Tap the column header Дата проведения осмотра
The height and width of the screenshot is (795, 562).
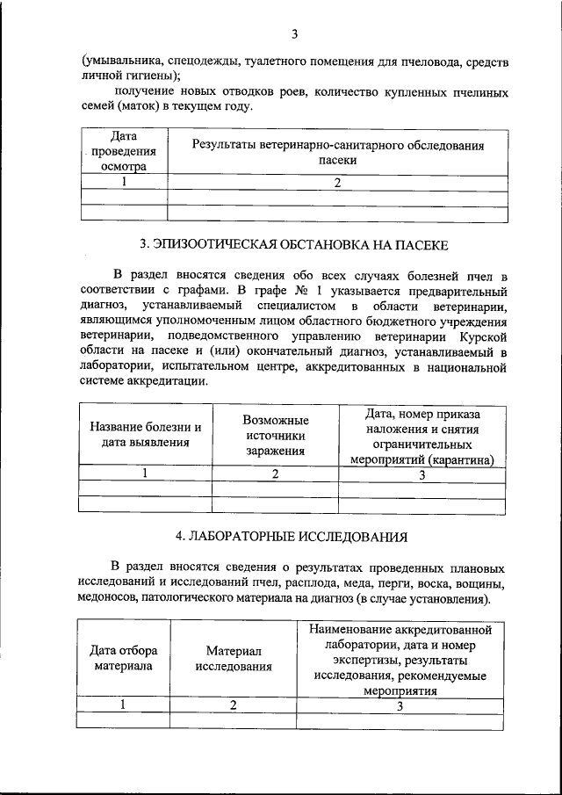(x=123, y=150)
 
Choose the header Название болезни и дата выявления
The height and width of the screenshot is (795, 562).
(x=146, y=435)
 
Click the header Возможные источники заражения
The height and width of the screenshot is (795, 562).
(x=275, y=435)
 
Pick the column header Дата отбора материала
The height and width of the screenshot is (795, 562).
(x=124, y=658)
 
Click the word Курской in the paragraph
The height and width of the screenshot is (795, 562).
(x=483, y=336)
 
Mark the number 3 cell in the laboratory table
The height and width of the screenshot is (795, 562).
(x=400, y=705)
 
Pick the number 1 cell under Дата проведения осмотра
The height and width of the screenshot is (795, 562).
(x=124, y=182)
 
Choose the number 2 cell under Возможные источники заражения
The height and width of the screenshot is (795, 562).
(x=275, y=474)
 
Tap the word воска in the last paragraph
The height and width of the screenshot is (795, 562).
(x=423, y=583)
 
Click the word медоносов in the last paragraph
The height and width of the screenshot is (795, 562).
(x=113, y=600)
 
